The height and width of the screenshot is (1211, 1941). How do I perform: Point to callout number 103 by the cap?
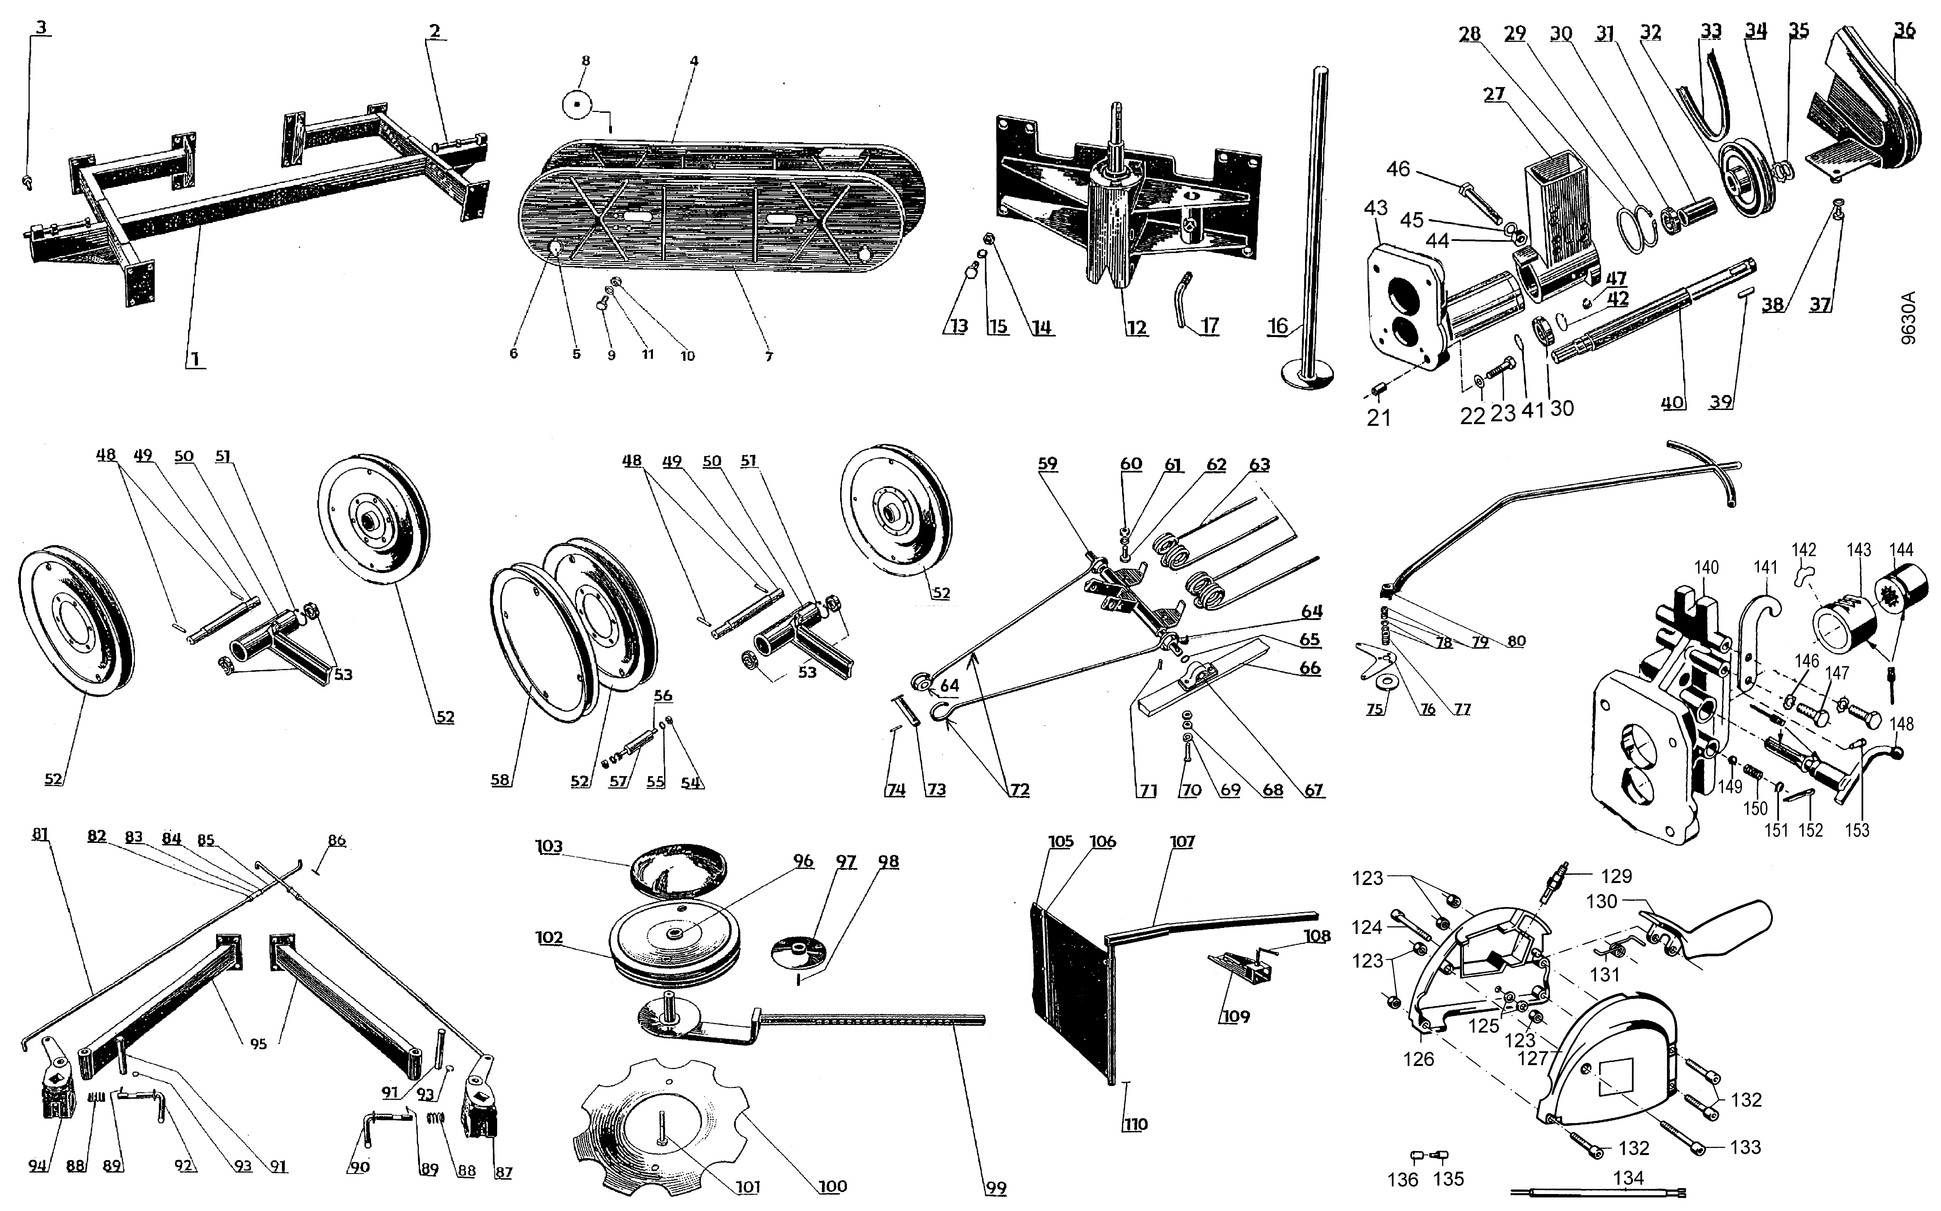click(550, 847)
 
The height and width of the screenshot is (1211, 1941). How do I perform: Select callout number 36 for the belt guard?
click(1904, 30)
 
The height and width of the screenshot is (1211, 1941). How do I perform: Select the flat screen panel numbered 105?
click(1069, 993)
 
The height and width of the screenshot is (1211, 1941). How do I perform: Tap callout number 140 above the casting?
click(1706, 567)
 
